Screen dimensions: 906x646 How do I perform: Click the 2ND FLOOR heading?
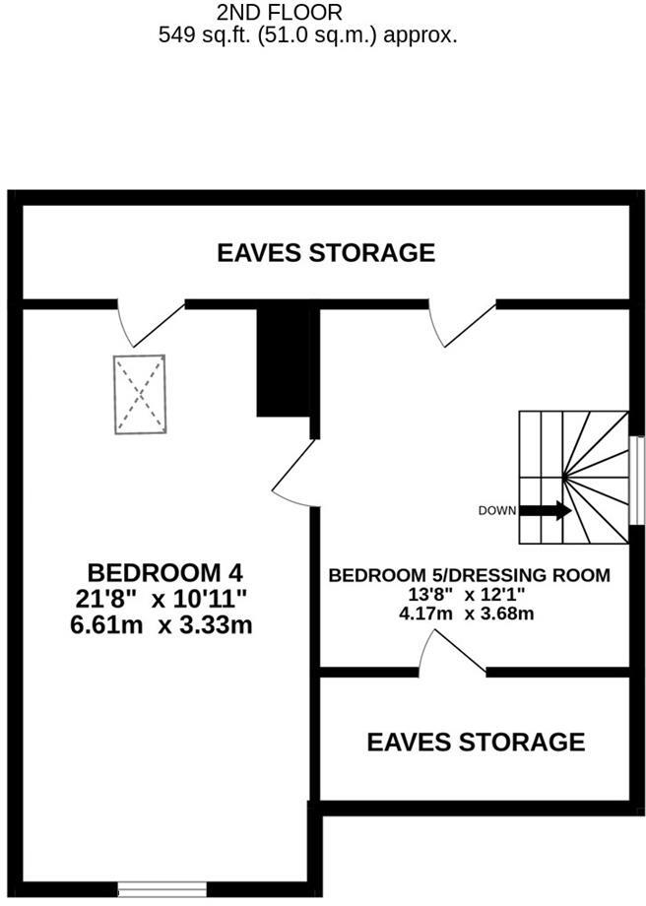tap(281, 13)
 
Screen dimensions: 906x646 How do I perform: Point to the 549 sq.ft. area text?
tap(307, 35)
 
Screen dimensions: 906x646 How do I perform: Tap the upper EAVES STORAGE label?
tap(326, 253)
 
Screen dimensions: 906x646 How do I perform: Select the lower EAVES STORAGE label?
tap(476, 742)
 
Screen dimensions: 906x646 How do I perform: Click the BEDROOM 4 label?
tap(165, 572)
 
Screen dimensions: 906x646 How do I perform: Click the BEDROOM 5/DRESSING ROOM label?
tap(470, 575)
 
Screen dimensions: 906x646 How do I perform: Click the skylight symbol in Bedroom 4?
tap(140, 394)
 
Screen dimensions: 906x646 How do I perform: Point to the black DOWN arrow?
tap(545, 510)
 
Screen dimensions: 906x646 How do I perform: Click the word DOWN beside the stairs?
tap(496, 510)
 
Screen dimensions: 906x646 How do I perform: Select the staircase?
tap(574, 477)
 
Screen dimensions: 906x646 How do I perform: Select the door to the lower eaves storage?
tap(453, 653)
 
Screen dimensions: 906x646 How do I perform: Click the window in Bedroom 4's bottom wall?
tap(161, 891)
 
